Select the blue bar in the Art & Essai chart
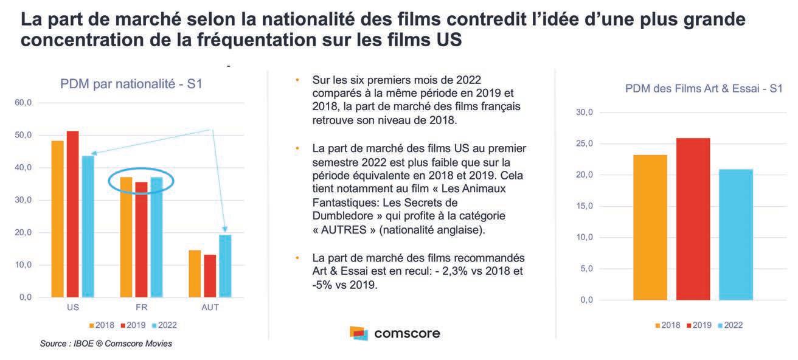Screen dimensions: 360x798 (735, 235)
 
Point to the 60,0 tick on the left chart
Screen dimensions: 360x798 (23, 103)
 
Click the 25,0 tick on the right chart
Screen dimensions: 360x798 (586, 144)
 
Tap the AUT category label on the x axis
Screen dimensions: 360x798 (210, 308)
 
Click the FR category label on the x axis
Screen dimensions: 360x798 (141, 308)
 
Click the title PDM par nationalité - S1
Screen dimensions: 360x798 (131, 84)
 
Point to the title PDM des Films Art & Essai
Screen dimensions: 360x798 (704, 89)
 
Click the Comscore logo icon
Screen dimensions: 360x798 (359, 333)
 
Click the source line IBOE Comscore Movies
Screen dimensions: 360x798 (106, 344)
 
